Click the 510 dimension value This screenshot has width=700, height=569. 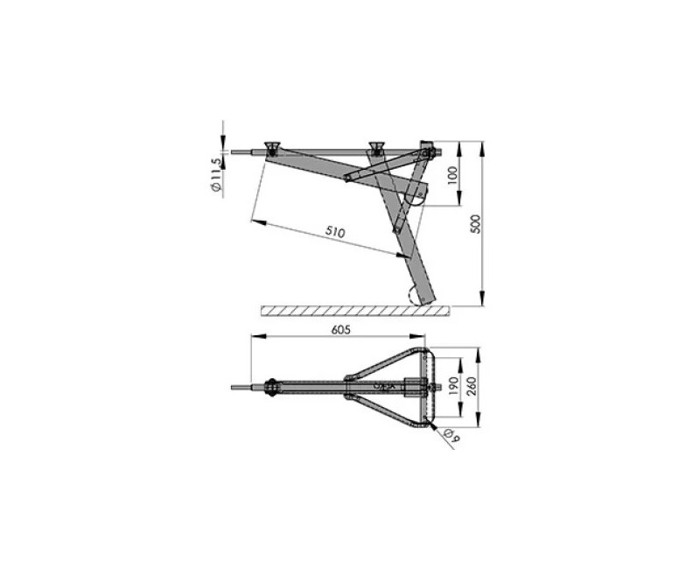(x=336, y=233)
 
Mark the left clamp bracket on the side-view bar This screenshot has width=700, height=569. (x=271, y=146)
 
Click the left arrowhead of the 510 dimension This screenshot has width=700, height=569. (x=255, y=222)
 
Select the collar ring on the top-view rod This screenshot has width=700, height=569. (x=271, y=384)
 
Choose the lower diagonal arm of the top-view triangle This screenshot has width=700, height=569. (x=385, y=408)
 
